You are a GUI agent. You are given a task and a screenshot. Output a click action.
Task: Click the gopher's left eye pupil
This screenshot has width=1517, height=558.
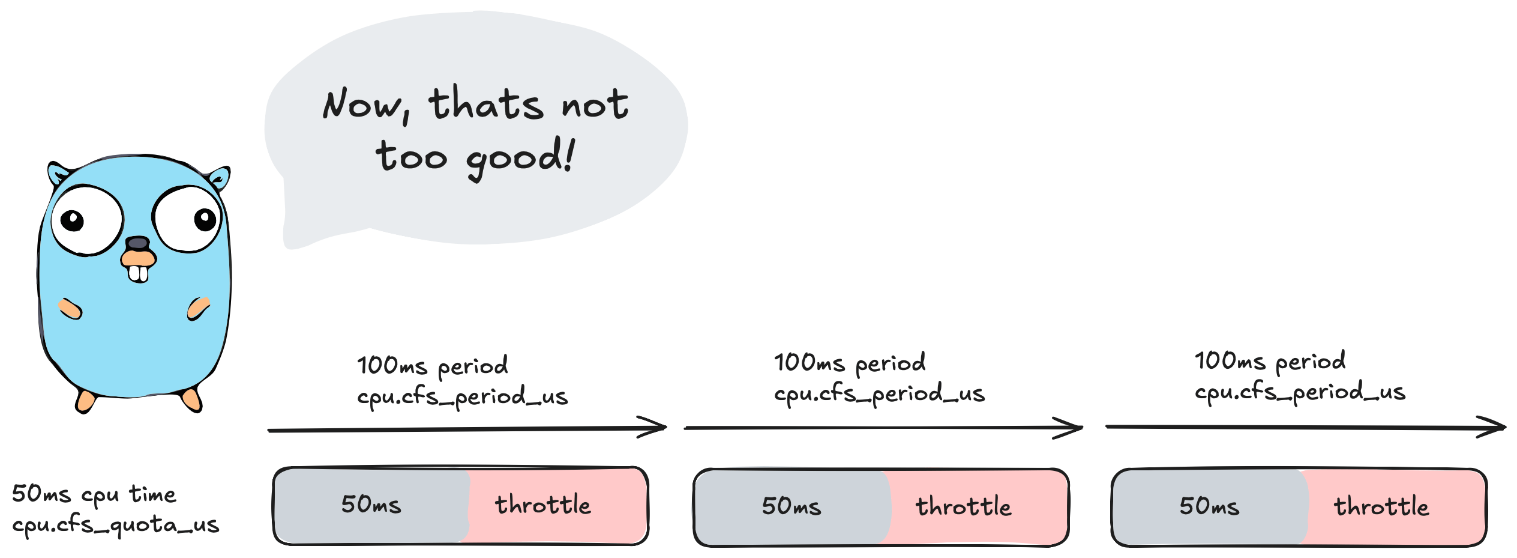(73, 220)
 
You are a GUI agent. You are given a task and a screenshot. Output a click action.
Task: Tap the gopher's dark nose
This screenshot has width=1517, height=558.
(137, 243)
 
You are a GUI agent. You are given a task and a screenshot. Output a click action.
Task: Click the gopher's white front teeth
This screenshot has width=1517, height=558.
(138, 274)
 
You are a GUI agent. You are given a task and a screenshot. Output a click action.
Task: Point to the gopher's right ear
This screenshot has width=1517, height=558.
(219, 178)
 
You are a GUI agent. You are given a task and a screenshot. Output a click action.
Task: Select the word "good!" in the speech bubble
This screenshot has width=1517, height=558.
(521, 157)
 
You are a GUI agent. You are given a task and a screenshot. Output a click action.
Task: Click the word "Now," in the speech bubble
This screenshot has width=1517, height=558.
(366, 106)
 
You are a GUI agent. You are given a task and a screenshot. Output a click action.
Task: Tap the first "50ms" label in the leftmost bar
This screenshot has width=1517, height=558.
(371, 505)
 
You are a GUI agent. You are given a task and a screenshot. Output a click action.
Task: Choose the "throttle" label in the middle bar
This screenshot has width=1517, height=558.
(963, 506)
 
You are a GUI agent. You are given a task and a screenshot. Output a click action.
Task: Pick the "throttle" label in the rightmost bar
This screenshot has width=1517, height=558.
(1381, 506)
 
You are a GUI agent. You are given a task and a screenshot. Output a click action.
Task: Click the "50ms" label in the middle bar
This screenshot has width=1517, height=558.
(791, 506)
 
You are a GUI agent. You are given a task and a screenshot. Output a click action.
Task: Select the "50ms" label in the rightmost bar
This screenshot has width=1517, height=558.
(1209, 506)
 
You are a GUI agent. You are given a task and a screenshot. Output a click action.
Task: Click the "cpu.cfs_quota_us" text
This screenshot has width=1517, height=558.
(116, 525)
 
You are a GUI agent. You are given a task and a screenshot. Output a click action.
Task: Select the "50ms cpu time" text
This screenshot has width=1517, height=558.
(94, 494)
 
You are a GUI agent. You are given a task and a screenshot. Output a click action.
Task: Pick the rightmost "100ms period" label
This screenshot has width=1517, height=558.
(1270, 362)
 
